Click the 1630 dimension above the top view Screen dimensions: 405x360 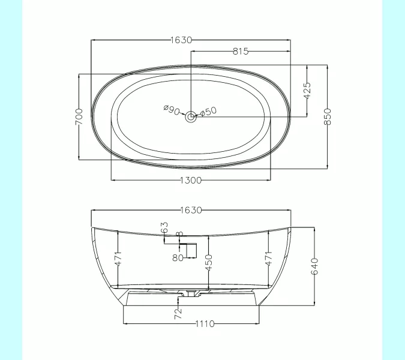click(182, 40)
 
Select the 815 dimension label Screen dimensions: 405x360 click(241, 52)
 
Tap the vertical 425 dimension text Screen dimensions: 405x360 click(307, 91)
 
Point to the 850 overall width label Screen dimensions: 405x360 click(328, 116)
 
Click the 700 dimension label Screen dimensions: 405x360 click(79, 117)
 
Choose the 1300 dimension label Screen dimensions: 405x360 click(191, 180)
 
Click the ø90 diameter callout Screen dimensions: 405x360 click(172, 110)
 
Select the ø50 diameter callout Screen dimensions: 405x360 click(208, 112)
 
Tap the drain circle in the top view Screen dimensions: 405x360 click(191, 117)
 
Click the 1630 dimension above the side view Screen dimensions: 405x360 click(191, 210)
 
